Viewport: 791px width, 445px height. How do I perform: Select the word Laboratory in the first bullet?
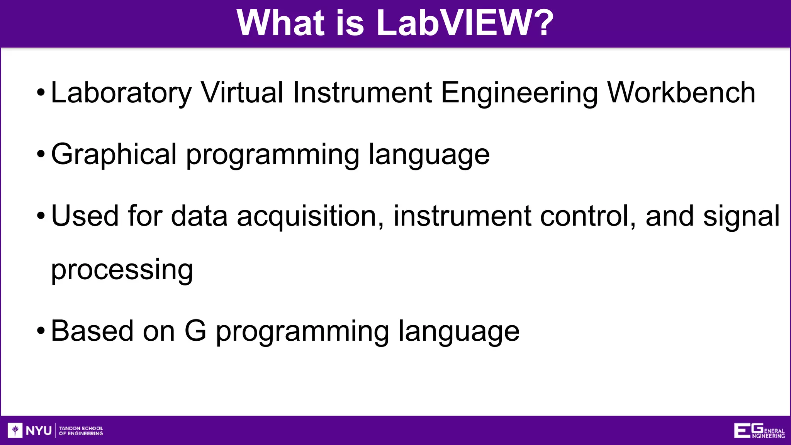[x=121, y=93]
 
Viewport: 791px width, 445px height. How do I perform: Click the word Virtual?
[x=242, y=93]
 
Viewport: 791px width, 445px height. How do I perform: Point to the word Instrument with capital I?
[x=362, y=93]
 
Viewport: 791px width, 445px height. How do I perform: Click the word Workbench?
[x=681, y=93]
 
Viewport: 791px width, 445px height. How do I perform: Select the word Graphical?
[x=114, y=155]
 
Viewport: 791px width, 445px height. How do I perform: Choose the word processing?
[x=122, y=270]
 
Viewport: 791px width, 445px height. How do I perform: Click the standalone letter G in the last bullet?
[x=195, y=331]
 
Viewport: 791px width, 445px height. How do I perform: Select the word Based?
[x=92, y=331]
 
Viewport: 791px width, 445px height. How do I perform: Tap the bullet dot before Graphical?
[x=41, y=155]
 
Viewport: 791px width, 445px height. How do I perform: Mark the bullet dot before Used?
[x=41, y=216]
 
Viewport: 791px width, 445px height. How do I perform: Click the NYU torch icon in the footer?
[x=15, y=430]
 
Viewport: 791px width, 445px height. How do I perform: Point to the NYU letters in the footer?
[x=39, y=430]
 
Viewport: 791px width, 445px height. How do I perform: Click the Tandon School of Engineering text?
[x=81, y=431]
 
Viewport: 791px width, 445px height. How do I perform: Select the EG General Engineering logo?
[x=759, y=431]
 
